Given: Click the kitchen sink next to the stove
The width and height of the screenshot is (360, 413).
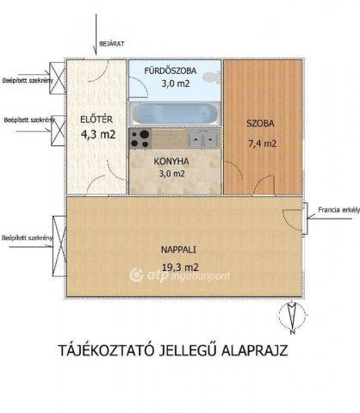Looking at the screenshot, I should pyautogui.click(x=200, y=137).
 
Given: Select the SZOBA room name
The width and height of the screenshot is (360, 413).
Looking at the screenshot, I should pyautogui.click(x=263, y=121).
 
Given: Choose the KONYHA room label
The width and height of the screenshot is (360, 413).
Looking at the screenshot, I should pyautogui.click(x=172, y=160).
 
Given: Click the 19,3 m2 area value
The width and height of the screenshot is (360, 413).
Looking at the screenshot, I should pyautogui.click(x=180, y=267).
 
